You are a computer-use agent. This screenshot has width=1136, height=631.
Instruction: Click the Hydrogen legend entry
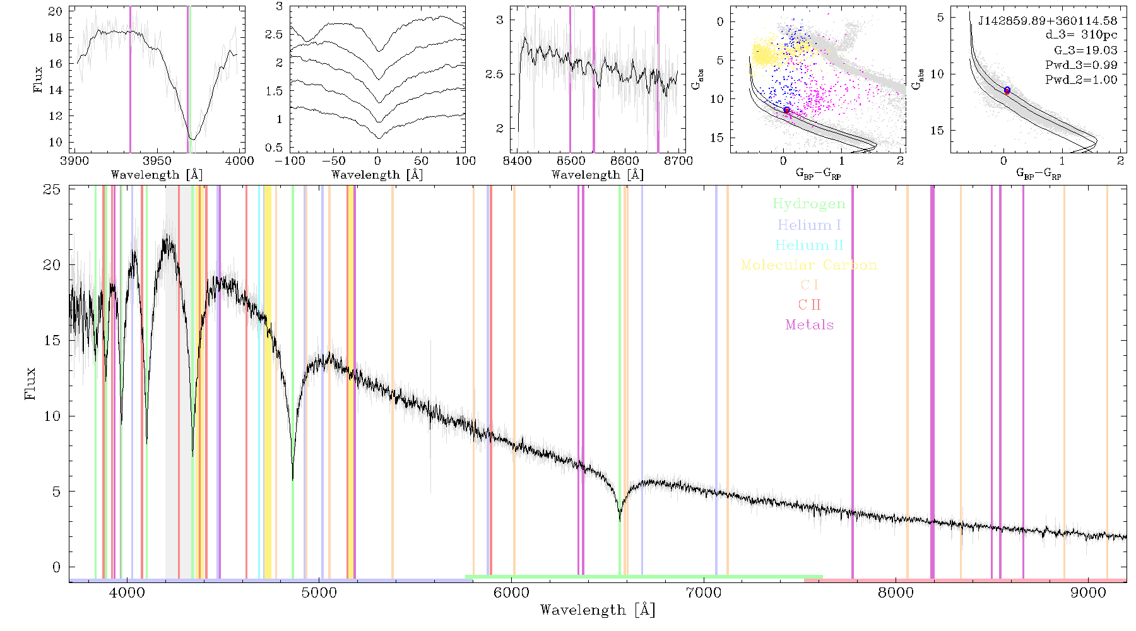808,204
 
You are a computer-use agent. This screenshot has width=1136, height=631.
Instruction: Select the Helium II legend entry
809,245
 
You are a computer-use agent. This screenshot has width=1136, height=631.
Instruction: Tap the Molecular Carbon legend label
809,265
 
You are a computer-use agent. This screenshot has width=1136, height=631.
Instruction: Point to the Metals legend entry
810,325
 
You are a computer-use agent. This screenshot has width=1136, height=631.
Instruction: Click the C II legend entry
810,305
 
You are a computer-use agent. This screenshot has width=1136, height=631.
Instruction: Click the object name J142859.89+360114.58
1048,21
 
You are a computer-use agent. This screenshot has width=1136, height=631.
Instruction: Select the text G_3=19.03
1086,50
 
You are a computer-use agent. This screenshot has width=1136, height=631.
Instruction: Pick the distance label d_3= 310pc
1081,35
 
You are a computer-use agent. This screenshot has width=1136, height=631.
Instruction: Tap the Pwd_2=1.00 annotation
1081,80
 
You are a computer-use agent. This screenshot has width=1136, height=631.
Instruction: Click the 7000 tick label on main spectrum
703,593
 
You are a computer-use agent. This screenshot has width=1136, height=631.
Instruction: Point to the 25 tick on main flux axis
52,189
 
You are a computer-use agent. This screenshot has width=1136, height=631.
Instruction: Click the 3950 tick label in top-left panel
157,160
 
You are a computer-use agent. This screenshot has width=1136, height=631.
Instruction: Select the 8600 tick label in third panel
625,160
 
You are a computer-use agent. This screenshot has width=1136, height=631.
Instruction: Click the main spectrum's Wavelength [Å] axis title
598,610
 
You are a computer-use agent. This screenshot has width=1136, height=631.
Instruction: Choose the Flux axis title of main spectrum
30,384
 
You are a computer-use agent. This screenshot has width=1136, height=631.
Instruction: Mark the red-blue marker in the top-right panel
1007,90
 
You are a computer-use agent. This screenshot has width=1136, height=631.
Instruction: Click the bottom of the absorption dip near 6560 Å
620,520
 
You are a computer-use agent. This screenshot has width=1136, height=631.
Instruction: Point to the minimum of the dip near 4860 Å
292,480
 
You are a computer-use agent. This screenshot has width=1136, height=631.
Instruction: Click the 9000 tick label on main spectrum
1087,593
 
